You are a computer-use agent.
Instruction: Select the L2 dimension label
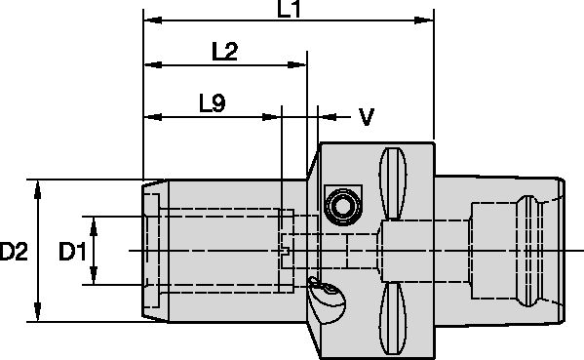click(225, 52)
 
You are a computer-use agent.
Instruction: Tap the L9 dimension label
click(212, 102)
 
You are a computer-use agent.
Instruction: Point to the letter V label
click(366, 117)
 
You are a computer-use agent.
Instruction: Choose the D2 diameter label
click(14, 252)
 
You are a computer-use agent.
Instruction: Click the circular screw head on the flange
click(342, 204)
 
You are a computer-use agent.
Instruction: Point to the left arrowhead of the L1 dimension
click(151, 19)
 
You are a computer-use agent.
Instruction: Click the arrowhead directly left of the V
click(327, 116)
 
